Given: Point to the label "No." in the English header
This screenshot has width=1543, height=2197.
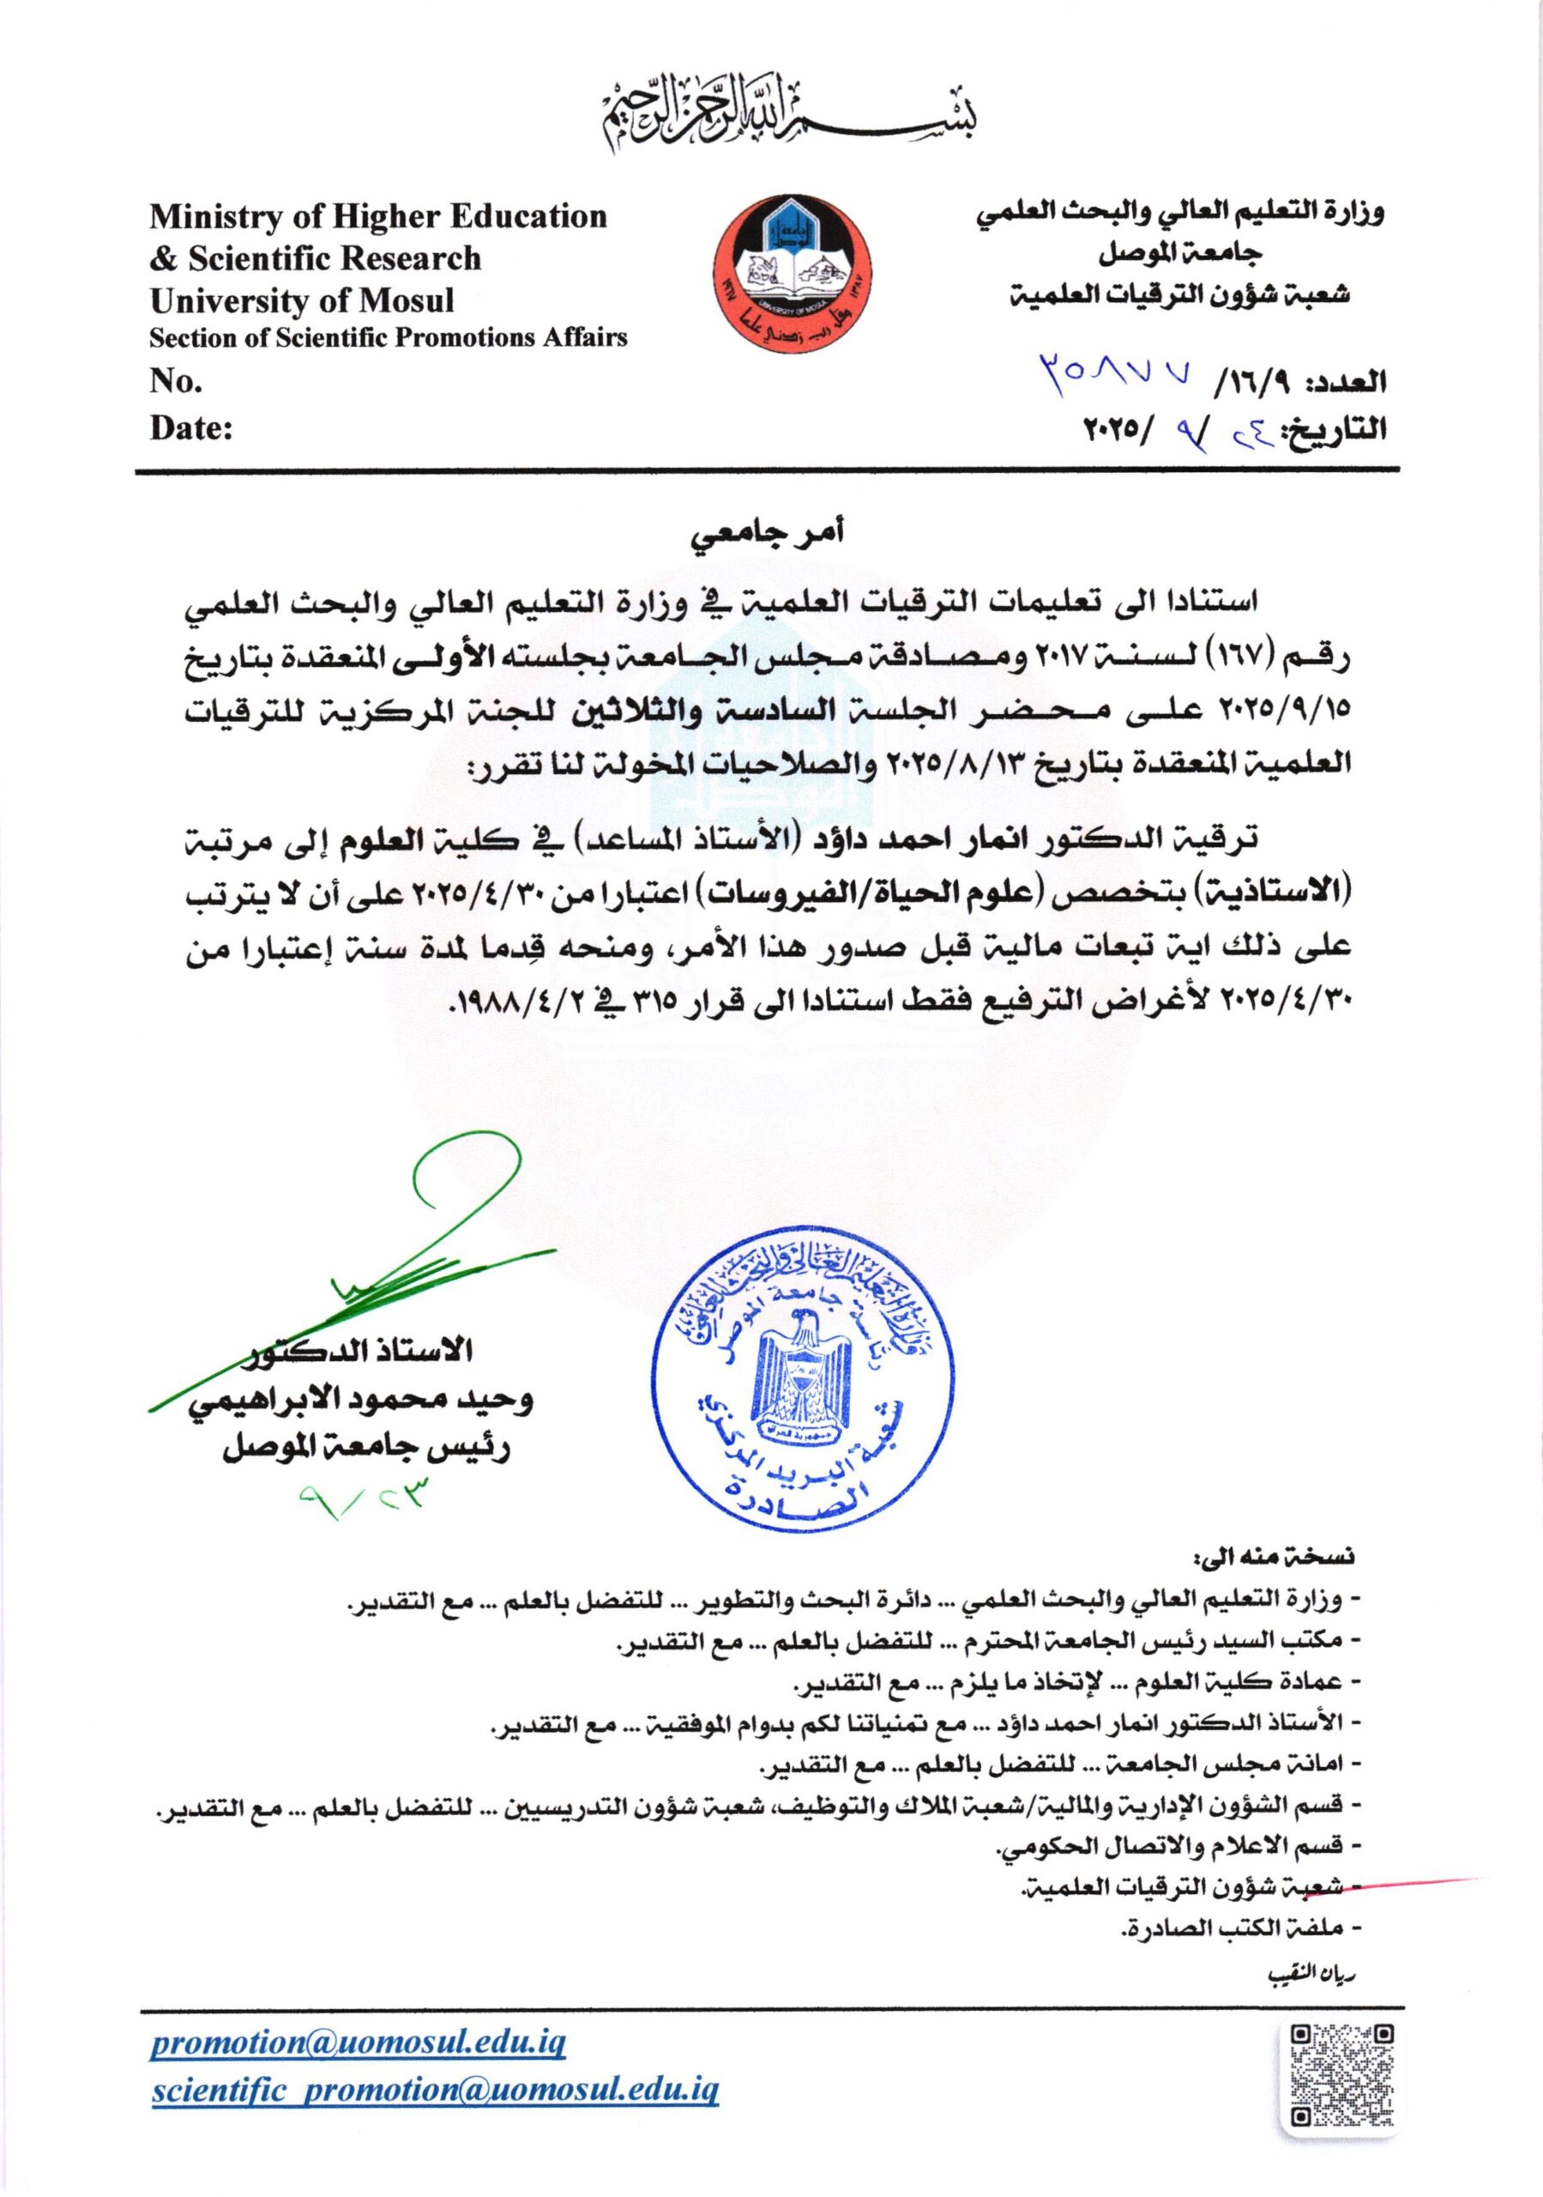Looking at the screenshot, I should point(176,382).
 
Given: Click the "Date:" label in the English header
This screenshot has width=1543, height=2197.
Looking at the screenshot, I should point(192,427).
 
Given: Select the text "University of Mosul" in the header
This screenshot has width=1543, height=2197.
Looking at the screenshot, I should point(302,300).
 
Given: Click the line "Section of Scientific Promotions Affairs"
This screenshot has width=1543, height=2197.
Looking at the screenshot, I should point(389,336).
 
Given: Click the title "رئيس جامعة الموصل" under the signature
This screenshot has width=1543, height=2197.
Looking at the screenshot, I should point(367,1449).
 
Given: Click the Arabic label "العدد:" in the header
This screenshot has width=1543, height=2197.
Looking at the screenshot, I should point(1351,383).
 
